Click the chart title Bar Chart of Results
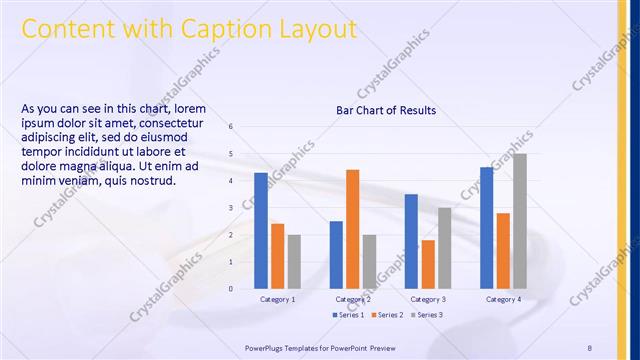click(x=385, y=110)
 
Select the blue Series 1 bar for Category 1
click(x=261, y=231)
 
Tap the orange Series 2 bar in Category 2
click(x=352, y=229)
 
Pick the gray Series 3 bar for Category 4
click(x=520, y=221)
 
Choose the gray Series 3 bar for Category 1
click(x=294, y=262)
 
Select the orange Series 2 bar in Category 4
click(x=503, y=251)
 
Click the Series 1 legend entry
click(x=349, y=315)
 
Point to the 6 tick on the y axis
click(x=231, y=127)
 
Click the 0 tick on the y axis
click(x=231, y=289)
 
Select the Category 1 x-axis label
click(x=277, y=299)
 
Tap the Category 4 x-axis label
click(x=503, y=299)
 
